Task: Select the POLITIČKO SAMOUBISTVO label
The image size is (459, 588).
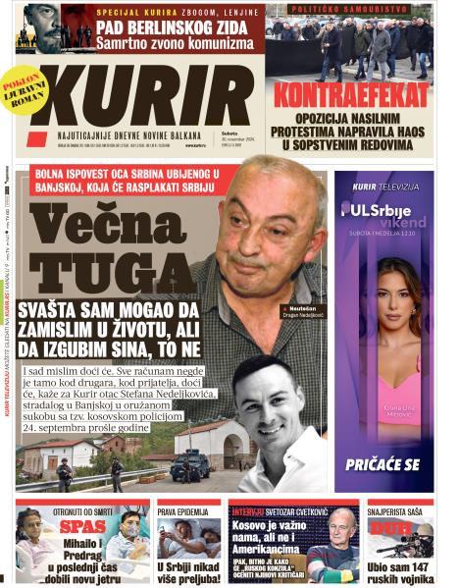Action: (x=348, y=8)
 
